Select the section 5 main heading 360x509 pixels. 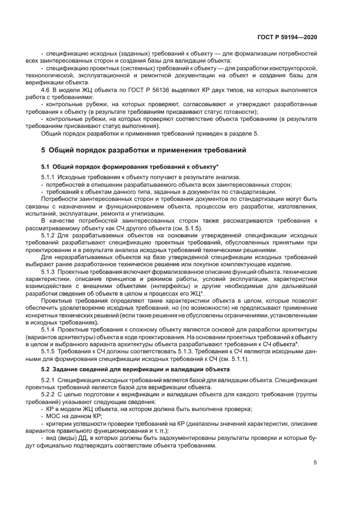pyautogui.click(x=144, y=150)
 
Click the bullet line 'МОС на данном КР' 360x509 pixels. pyautogui.click(x=71, y=415)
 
